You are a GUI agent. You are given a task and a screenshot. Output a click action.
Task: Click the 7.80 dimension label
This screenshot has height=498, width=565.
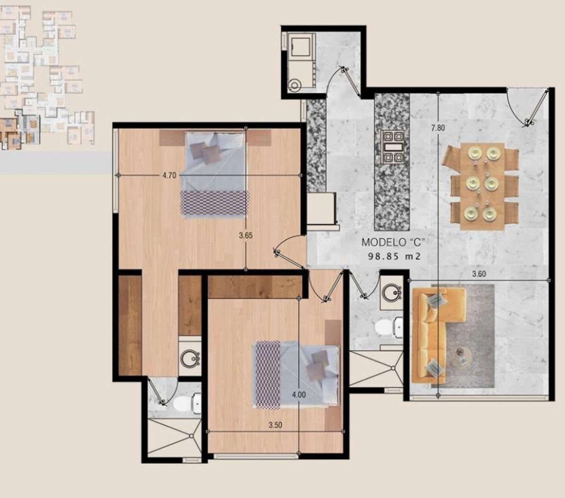[438, 128]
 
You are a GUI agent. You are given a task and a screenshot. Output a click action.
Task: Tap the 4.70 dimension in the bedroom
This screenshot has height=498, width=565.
[169, 176]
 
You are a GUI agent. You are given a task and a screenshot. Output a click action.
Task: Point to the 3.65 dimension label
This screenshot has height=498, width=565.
[246, 236]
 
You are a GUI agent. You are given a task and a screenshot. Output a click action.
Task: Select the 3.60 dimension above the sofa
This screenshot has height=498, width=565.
[479, 274]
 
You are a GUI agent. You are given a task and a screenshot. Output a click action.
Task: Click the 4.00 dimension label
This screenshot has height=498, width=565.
[299, 395]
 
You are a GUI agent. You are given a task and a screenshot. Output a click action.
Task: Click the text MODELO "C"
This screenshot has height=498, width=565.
[393, 242]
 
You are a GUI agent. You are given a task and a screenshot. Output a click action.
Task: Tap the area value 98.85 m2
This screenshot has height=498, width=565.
[394, 257]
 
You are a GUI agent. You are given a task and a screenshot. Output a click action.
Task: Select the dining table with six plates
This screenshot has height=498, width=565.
[482, 186]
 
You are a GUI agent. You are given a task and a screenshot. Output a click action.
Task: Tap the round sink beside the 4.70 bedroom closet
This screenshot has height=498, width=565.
[190, 358]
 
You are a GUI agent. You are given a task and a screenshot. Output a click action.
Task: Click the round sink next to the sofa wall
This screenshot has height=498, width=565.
[392, 292]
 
